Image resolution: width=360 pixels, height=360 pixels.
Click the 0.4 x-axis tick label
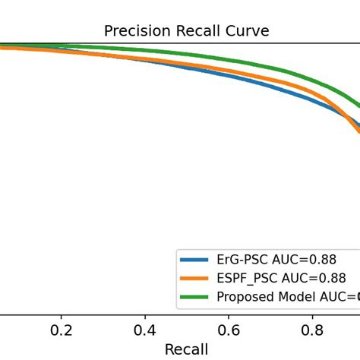(144, 330)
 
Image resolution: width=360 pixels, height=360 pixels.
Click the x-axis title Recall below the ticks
(186, 349)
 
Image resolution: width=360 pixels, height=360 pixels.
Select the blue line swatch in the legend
(195, 260)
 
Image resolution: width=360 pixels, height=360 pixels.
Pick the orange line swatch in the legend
(195, 278)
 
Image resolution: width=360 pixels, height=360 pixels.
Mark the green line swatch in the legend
(195, 296)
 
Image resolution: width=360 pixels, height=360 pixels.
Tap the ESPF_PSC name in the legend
(245, 278)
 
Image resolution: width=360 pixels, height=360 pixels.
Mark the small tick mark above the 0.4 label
(144, 317)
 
